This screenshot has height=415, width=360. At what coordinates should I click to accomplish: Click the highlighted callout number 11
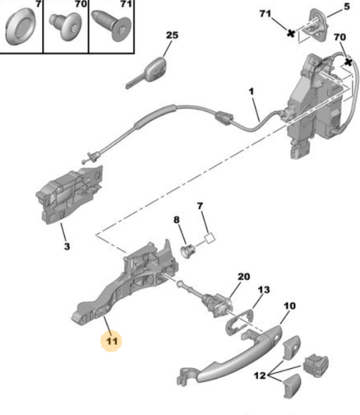pyautogui.click(x=112, y=341)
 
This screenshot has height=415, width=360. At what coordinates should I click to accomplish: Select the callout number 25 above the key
pyautogui.click(x=172, y=35)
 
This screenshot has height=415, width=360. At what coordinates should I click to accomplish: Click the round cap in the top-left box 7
pyautogui.click(x=20, y=26)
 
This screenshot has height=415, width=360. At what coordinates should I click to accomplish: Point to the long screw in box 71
pyautogui.click(x=111, y=26)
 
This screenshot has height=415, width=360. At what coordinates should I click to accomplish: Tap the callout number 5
pyautogui.click(x=346, y=6)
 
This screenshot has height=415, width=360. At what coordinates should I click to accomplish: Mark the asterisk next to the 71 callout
pyautogui.click(x=291, y=33)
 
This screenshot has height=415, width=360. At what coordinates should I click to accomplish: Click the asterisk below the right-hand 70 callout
pyautogui.click(x=349, y=63)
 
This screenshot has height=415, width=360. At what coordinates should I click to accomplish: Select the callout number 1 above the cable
pyautogui.click(x=251, y=91)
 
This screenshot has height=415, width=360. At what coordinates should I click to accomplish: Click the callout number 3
pyautogui.click(x=67, y=246)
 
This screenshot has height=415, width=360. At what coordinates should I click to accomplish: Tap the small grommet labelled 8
pyautogui.click(x=188, y=250)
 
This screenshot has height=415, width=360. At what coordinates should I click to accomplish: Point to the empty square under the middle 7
pyautogui.click(x=210, y=238)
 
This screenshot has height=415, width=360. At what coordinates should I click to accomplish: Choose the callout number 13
pyautogui.click(x=263, y=290)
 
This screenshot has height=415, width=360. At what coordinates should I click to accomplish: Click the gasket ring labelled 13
pyautogui.click(x=239, y=323)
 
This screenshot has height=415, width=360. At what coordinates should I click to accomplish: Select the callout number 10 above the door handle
pyautogui.click(x=290, y=306)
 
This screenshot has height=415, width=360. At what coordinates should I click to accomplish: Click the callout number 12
pyautogui.click(x=260, y=375)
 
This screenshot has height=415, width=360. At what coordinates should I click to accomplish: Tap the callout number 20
pyautogui.click(x=244, y=277)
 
